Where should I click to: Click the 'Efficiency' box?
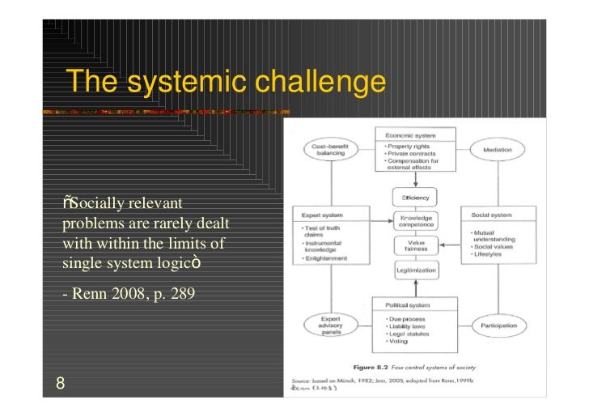415,198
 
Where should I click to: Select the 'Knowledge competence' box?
415,220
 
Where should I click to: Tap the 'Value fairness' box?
415,245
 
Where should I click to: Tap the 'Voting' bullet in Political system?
396,343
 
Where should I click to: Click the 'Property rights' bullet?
409,147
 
